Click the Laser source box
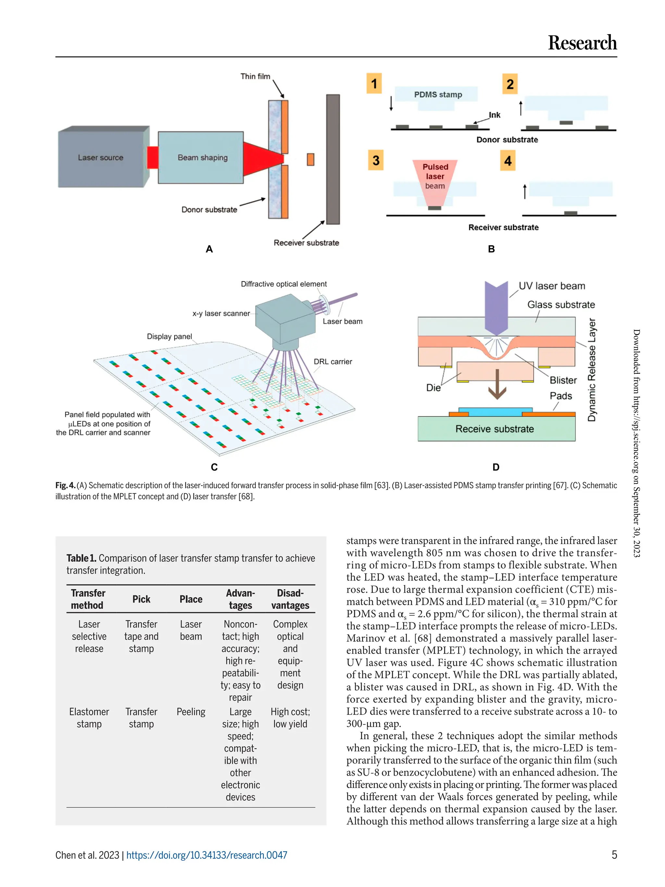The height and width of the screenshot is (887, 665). coord(101,158)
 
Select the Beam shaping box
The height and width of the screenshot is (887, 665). coord(202,158)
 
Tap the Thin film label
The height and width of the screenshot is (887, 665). coord(255,76)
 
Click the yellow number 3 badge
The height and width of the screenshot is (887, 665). coord(376,160)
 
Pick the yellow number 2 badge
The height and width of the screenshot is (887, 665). coord(510,84)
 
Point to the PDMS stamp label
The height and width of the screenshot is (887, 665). coord(438,95)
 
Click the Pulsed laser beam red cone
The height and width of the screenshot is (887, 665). coord(435,181)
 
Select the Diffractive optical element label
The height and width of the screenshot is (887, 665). coord(283,284)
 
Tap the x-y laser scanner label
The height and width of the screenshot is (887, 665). coord(221,313)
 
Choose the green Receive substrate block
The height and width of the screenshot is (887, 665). coord(496,429)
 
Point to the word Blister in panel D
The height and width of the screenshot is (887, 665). coord(563,380)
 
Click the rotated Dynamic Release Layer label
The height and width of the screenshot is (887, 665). coord(592,370)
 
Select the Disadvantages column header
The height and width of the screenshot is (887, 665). coord(290,599)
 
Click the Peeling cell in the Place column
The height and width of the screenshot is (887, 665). coord(191,712)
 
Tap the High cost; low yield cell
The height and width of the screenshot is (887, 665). coord(290,718)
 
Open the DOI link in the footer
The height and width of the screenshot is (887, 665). coord(207,855)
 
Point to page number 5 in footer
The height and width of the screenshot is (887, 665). coord(614,855)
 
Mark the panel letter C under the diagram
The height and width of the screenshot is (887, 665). coord(214,467)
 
